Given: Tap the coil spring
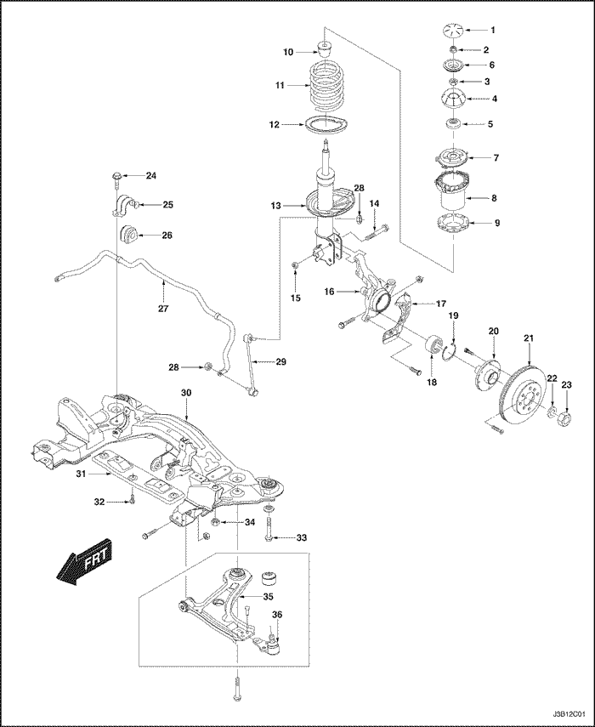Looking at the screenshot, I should tap(326, 86).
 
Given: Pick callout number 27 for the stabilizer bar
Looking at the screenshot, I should tap(163, 309).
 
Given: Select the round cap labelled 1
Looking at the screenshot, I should tap(452, 31).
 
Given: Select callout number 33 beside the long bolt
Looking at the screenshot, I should tap(301, 538).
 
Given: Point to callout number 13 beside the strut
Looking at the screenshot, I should tap(275, 206).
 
